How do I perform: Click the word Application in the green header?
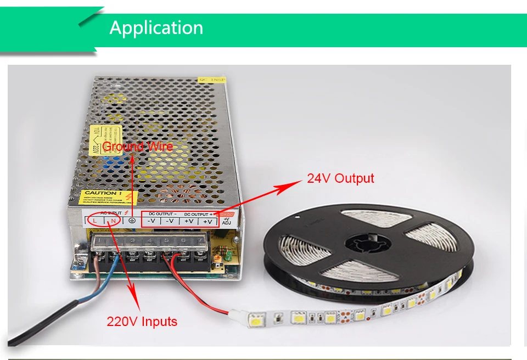(x=156, y=27)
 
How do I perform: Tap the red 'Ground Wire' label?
(x=138, y=146)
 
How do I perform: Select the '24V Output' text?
(x=340, y=178)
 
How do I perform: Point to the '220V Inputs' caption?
(x=142, y=322)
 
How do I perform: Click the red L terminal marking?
(x=95, y=221)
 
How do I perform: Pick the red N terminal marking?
(x=113, y=221)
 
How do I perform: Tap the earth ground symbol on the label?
(x=132, y=221)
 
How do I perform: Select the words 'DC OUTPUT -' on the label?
(x=163, y=213)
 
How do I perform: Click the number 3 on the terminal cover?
(x=133, y=240)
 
